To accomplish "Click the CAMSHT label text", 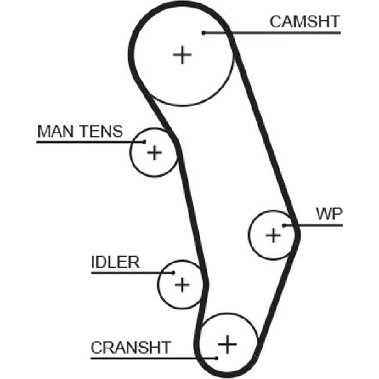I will coord(304,22).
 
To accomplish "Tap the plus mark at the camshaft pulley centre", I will coord(183,55).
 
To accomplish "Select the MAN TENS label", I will coord(80,131).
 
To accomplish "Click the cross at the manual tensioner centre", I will coord(154,153).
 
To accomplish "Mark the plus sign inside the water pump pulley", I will coord(273,235).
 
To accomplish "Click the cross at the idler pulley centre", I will coord(182,284).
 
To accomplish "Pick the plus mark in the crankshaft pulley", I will coord(227,344).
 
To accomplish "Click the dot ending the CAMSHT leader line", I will coord(204,33).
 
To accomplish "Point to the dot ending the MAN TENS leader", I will coord(144,142).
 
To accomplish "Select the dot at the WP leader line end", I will coord(284,226).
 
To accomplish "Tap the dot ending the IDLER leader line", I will coord(173,273).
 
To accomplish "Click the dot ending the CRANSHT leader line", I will coord(216,357).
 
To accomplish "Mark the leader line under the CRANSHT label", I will coord(152,357).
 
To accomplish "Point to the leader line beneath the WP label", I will coord(318,226).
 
